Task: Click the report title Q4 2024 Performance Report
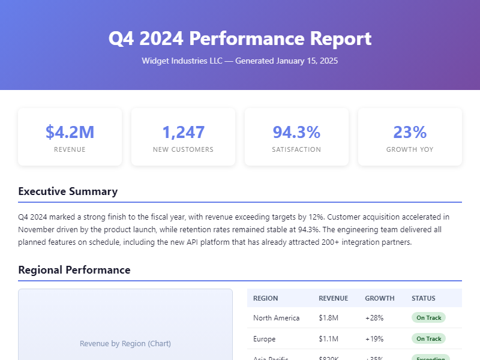(x=240, y=38)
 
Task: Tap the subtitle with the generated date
(x=240, y=61)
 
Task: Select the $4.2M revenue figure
(x=70, y=132)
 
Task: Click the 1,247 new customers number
(x=183, y=132)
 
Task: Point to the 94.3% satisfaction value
(x=296, y=132)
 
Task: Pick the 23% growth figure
(x=410, y=132)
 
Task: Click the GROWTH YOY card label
(x=410, y=149)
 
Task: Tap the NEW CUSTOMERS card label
(x=183, y=149)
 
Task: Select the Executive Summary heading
(x=68, y=191)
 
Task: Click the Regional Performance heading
(x=74, y=270)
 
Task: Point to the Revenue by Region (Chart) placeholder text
(x=125, y=344)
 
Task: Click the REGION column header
(x=265, y=298)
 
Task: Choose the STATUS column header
(x=424, y=298)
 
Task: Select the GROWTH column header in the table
(x=380, y=298)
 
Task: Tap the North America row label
(x=276, y=318)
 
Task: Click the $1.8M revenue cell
(x=328, y=318)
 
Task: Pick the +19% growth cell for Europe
(x=374, y=339)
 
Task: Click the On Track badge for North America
(x=428, y=318)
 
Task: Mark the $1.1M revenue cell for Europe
(x=328, y=339)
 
